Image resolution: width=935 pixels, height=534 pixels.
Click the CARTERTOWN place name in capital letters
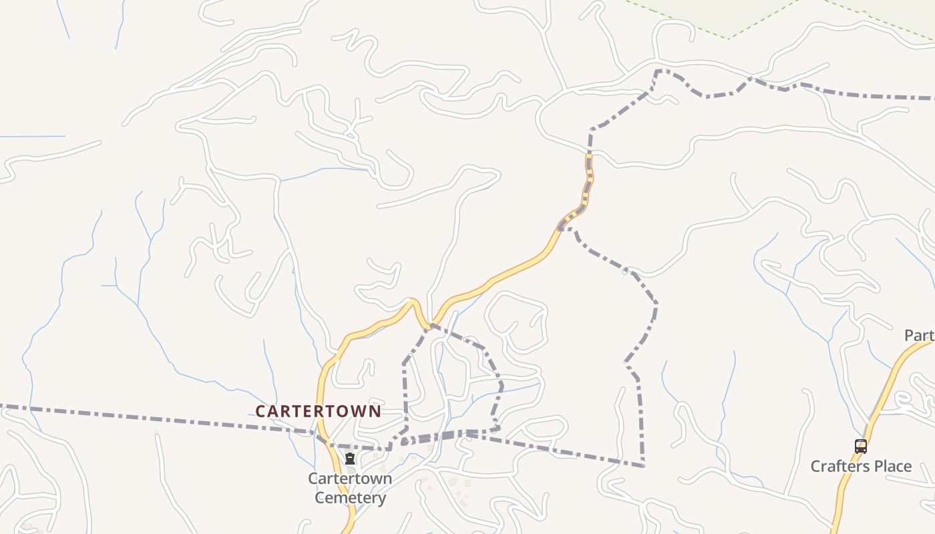pyautogui.click(x=318, y=411)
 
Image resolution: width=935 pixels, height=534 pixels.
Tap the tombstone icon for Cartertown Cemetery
pyautogui.click(x=350, y=459)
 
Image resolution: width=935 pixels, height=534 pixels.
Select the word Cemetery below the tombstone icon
pyautogui.click(x=350, y=498)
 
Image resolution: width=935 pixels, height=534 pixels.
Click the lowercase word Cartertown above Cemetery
pyautogui.click(x=350, y=479)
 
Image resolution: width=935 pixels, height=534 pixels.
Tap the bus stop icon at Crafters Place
pyautogui.click(x=861, y=447)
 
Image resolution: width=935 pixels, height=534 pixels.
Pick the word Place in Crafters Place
pyautogui.click(x=892, y=466)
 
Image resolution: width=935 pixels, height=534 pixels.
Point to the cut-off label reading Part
pyautogui.click(x=919, y=335)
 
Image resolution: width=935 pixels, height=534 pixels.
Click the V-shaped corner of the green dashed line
pyautogui.click(x=729, y=37)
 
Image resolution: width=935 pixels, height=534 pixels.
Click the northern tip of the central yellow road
pyautogui.click(x=589, y=158)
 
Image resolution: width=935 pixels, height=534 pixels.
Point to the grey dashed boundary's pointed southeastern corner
pyautogui.click(x=643, y=465)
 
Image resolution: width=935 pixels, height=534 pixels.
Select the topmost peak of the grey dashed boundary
pyautogui.click(x=658, y=70)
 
